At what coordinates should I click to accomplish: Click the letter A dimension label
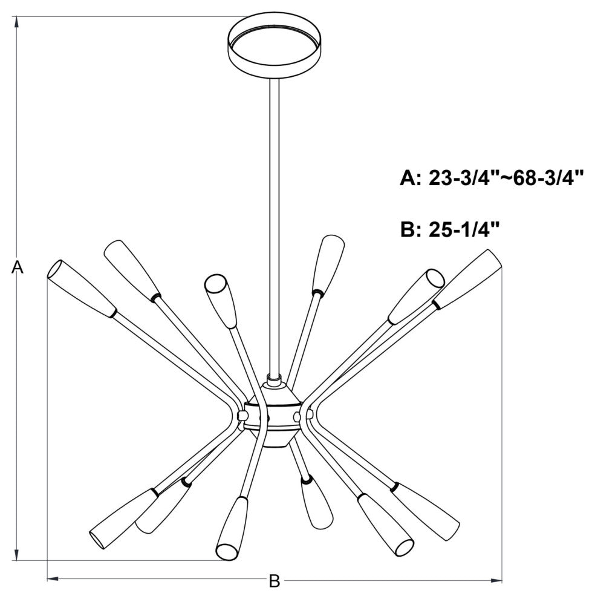click(18, 267)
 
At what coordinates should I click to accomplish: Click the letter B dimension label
click(274, 581)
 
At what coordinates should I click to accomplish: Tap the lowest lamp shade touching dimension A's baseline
click(232, 529)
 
